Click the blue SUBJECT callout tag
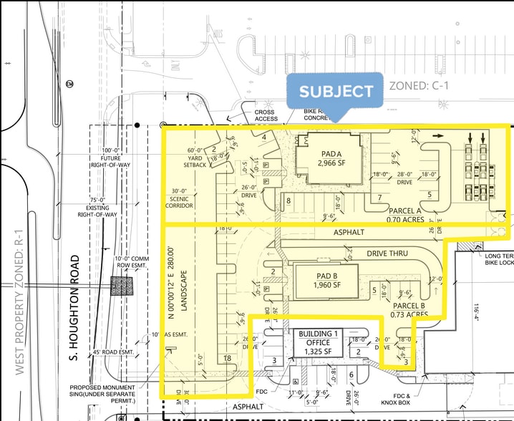(x=336, y=91)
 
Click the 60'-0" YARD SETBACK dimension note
(x=197, y=155)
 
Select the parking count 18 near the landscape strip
(x=228, y=358)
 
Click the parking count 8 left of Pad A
(x=288, y=200)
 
